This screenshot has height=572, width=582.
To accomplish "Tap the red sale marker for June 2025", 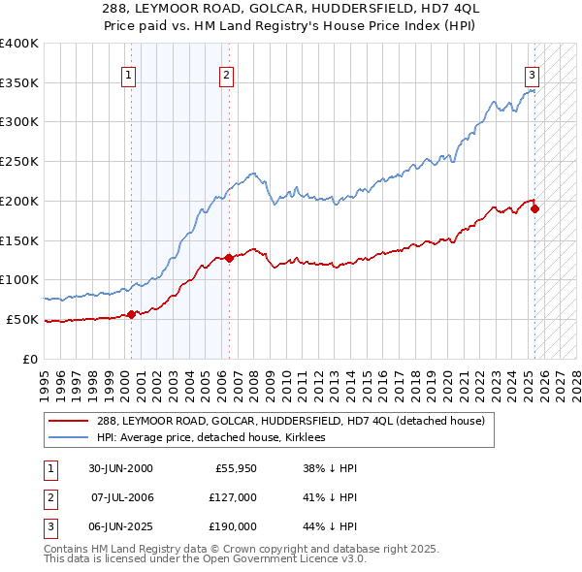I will [534, 208].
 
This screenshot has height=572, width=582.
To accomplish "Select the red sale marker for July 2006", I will [229, 258].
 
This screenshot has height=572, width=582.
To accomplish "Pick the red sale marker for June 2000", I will [132, 314].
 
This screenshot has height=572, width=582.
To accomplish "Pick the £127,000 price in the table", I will [233, 497].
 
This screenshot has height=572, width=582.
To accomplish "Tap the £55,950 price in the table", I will [235, 468].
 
